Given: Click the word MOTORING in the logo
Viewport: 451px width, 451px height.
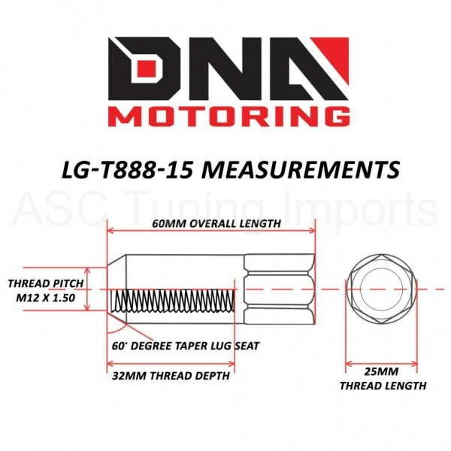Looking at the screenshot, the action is [x=229, y=117].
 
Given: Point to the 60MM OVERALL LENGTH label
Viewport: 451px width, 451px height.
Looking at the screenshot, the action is [x=216, y=223].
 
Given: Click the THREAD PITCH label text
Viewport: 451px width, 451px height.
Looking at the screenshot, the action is [x=45, y=283].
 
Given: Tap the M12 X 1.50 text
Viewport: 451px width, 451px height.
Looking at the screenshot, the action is [x=45, y=298].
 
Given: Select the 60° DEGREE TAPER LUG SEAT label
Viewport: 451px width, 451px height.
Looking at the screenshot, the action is [x=186, y=346].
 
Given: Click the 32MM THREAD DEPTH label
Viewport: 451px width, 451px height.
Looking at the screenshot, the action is [x=171, y=376].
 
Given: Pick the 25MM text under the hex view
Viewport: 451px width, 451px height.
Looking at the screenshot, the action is [x=381, y=372].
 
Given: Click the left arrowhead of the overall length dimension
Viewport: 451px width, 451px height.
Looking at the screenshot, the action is [x=110, y=231].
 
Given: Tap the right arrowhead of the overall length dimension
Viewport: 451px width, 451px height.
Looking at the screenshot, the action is [x=311, y=231].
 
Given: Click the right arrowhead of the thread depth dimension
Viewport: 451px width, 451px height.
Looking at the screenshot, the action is [x=231, y=364].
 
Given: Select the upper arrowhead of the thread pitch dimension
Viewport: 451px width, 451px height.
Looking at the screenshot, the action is [x=88, y=271].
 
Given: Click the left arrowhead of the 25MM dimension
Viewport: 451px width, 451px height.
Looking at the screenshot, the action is [x=350, y=364].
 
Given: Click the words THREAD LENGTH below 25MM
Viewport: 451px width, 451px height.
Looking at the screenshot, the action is [x=383, y=386].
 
